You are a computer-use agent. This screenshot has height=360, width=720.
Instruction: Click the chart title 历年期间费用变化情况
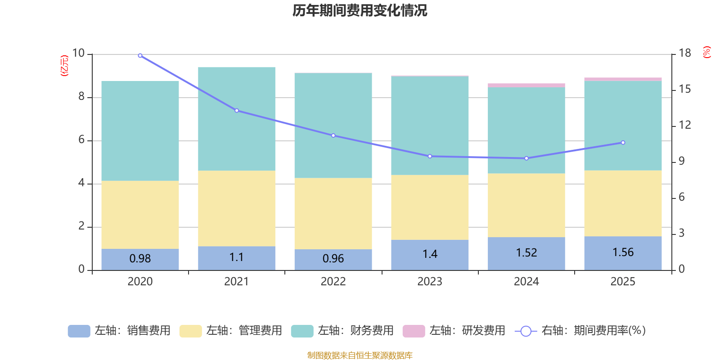[360, 11]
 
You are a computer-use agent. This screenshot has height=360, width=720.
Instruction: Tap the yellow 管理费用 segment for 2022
[333, 213]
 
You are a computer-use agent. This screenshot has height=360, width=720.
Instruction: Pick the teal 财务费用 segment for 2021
[237, 119]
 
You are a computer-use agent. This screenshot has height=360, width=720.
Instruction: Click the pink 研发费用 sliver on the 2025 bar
[623, 79]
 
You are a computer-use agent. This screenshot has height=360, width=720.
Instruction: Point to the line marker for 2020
[140, 56]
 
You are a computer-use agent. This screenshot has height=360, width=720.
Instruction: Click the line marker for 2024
[526, 158]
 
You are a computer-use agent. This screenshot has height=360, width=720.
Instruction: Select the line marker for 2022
[333, 135]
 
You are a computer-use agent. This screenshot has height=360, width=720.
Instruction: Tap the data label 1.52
[526, 253]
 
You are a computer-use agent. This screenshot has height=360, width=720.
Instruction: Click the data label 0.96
[333, 259]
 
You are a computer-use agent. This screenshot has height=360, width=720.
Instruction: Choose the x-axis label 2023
[430, 282]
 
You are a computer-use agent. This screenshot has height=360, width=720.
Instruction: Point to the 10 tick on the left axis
[79, 53]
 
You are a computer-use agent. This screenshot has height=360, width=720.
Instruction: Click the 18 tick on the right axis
[685, 53]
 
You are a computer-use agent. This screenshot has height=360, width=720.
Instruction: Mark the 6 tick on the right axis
[682, 197]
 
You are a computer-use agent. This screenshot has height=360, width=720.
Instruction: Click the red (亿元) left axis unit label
[65, 66]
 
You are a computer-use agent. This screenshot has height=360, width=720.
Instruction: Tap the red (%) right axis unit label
[707, 52]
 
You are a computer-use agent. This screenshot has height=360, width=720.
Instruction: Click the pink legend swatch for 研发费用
[414, 331]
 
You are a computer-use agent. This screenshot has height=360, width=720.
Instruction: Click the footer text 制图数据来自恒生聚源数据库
[360, 355]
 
